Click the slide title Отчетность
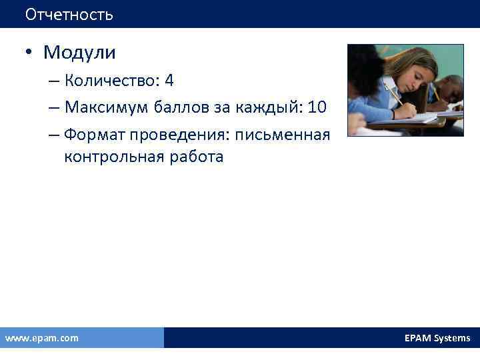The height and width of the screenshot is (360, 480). point(69,14)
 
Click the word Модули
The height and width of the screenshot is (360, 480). point(79,52)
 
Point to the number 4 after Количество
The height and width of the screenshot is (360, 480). point(169,81)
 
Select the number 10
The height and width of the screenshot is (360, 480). point(317,108)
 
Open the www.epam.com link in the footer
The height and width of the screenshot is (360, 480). point(41,338)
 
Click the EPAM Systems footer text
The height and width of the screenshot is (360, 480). point(437,338)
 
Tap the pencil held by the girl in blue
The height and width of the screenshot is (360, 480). point(394,94)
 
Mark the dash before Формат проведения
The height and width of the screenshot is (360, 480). point(53,135)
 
